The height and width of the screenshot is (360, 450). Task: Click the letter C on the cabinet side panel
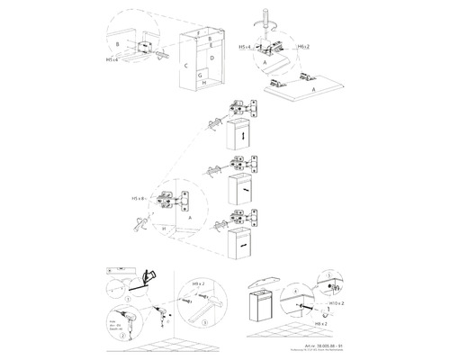tap(185, 67)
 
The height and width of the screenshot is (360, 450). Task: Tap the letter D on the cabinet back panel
tap(211, 59)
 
